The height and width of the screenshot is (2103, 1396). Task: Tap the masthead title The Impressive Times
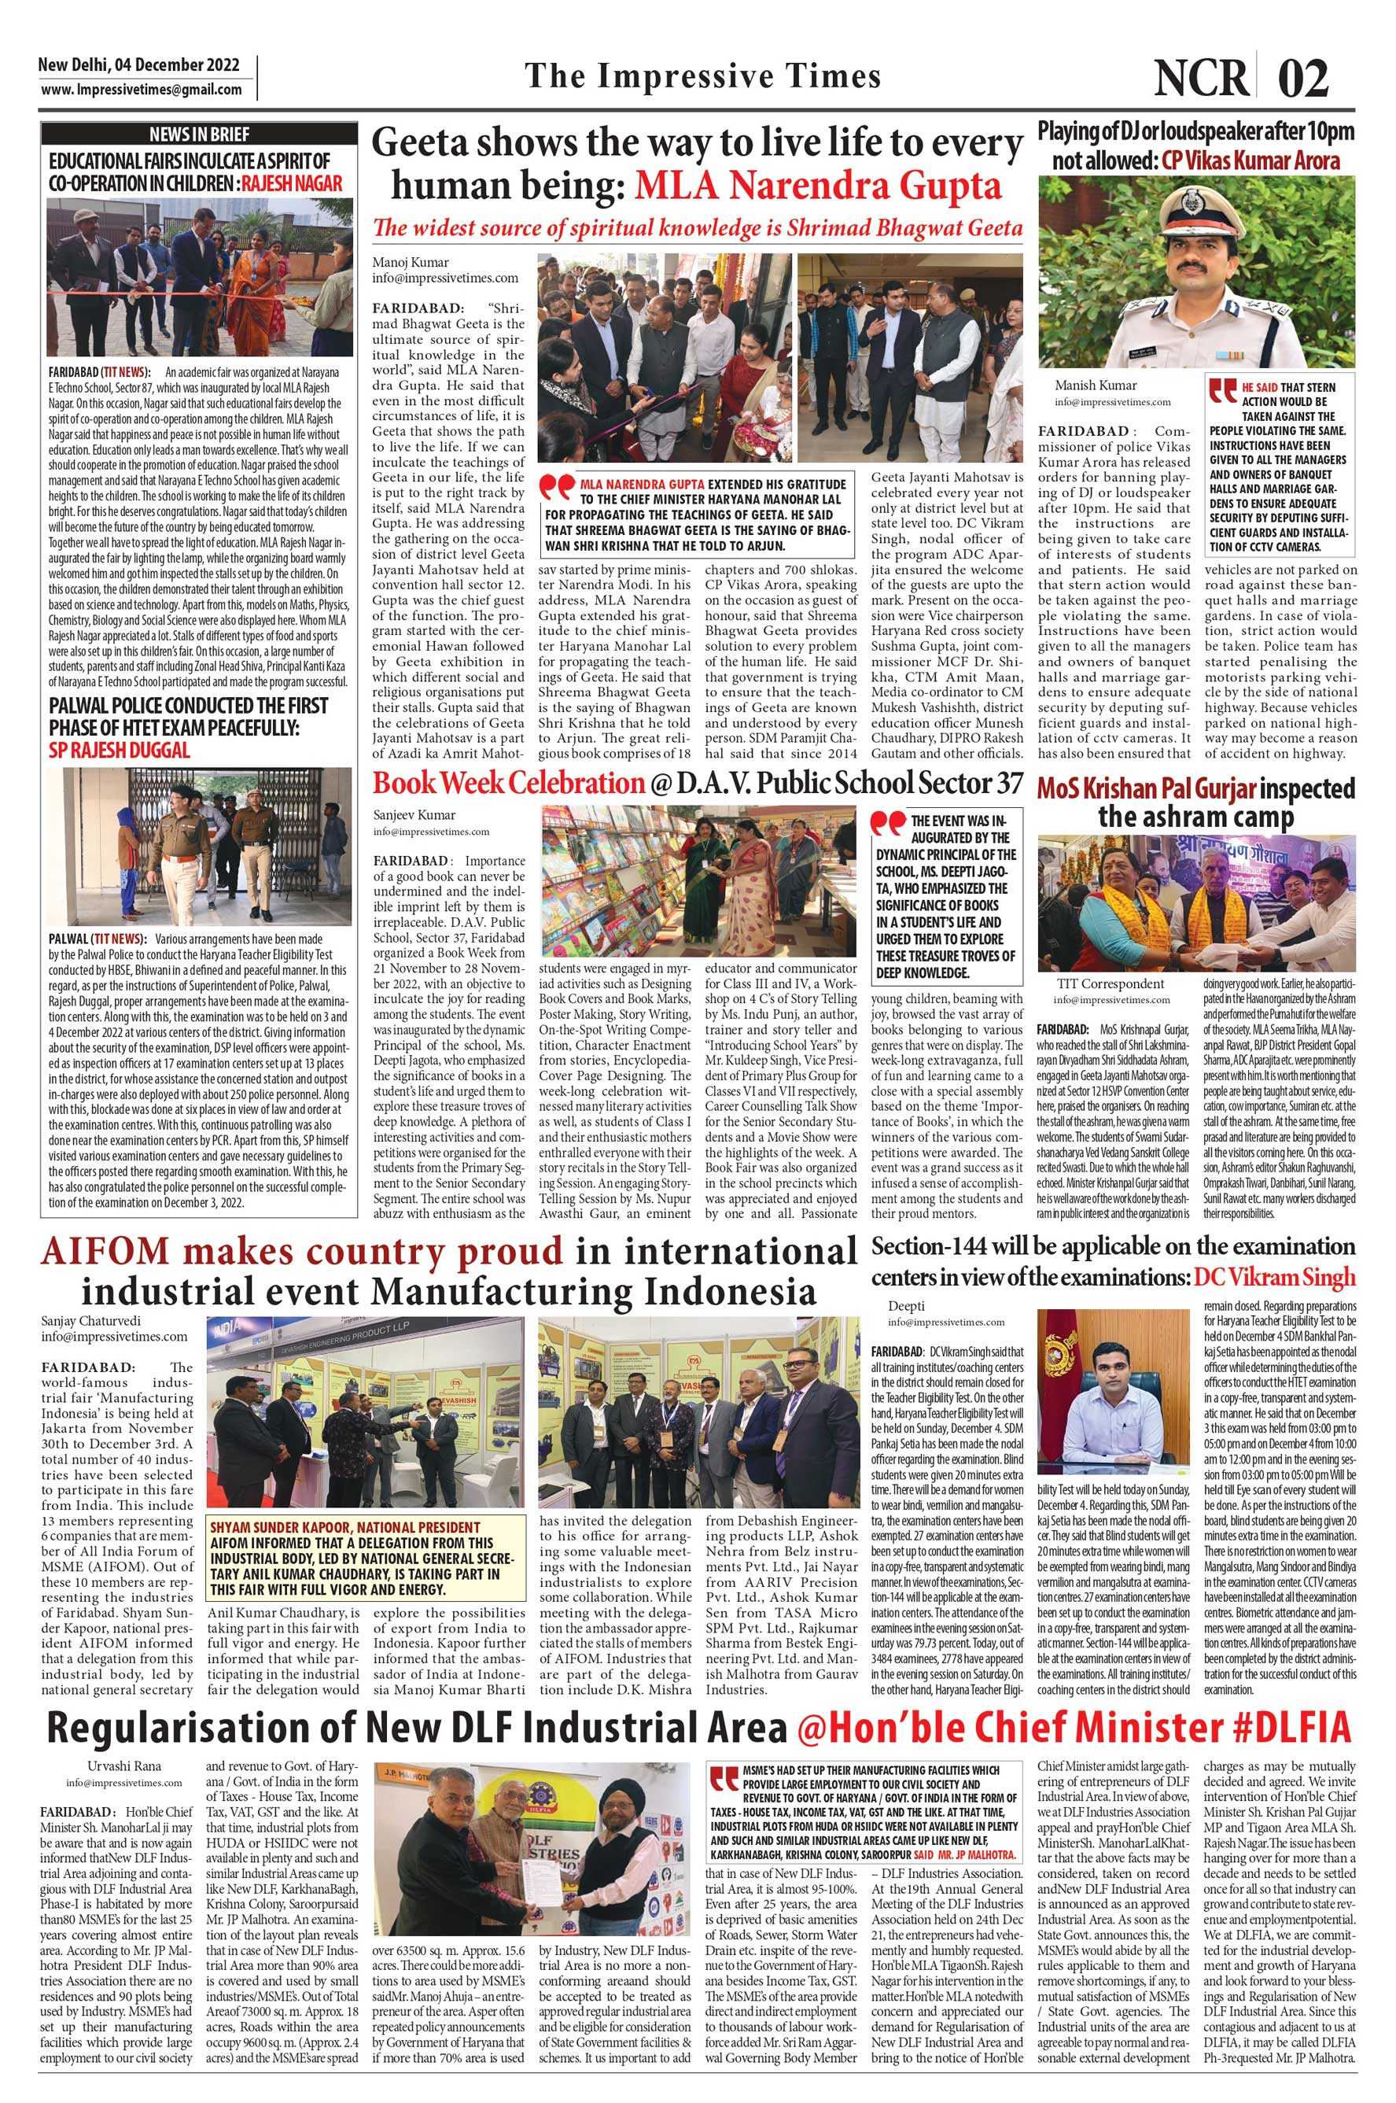(702, 76)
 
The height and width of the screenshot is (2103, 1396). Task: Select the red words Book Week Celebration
(507, 783)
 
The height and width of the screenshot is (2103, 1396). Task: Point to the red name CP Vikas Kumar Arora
(1251, 161)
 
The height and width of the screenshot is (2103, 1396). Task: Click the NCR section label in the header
(1202, 79)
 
